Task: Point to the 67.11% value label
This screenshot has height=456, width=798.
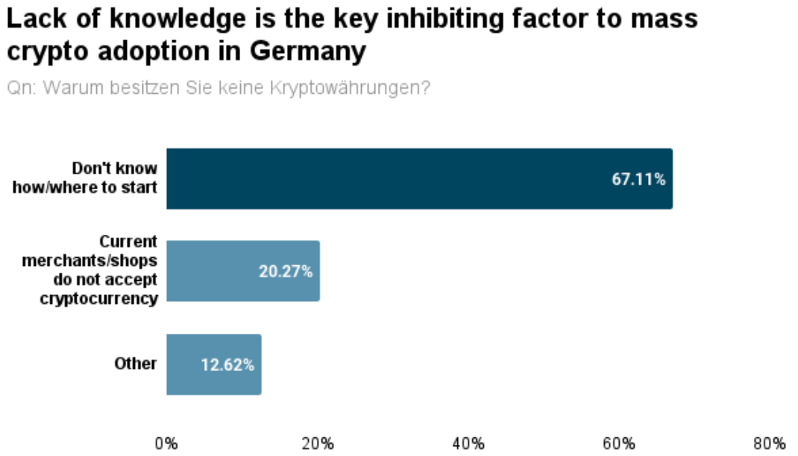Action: tap(638, 180)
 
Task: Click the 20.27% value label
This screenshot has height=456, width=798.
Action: tap(286, 272)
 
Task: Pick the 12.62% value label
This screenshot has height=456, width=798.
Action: tap(227, 365)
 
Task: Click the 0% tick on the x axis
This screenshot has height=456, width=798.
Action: tap(166, 444)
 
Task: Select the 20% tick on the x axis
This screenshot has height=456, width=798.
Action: tap(318, 444)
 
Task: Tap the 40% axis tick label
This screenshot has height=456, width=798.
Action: tap(469, 444)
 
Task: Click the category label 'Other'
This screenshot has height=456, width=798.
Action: tap(136, 364)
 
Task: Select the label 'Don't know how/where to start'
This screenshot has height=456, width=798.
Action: tap(85, 178)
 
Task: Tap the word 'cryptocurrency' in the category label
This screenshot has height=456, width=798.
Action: tap(110, 299)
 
